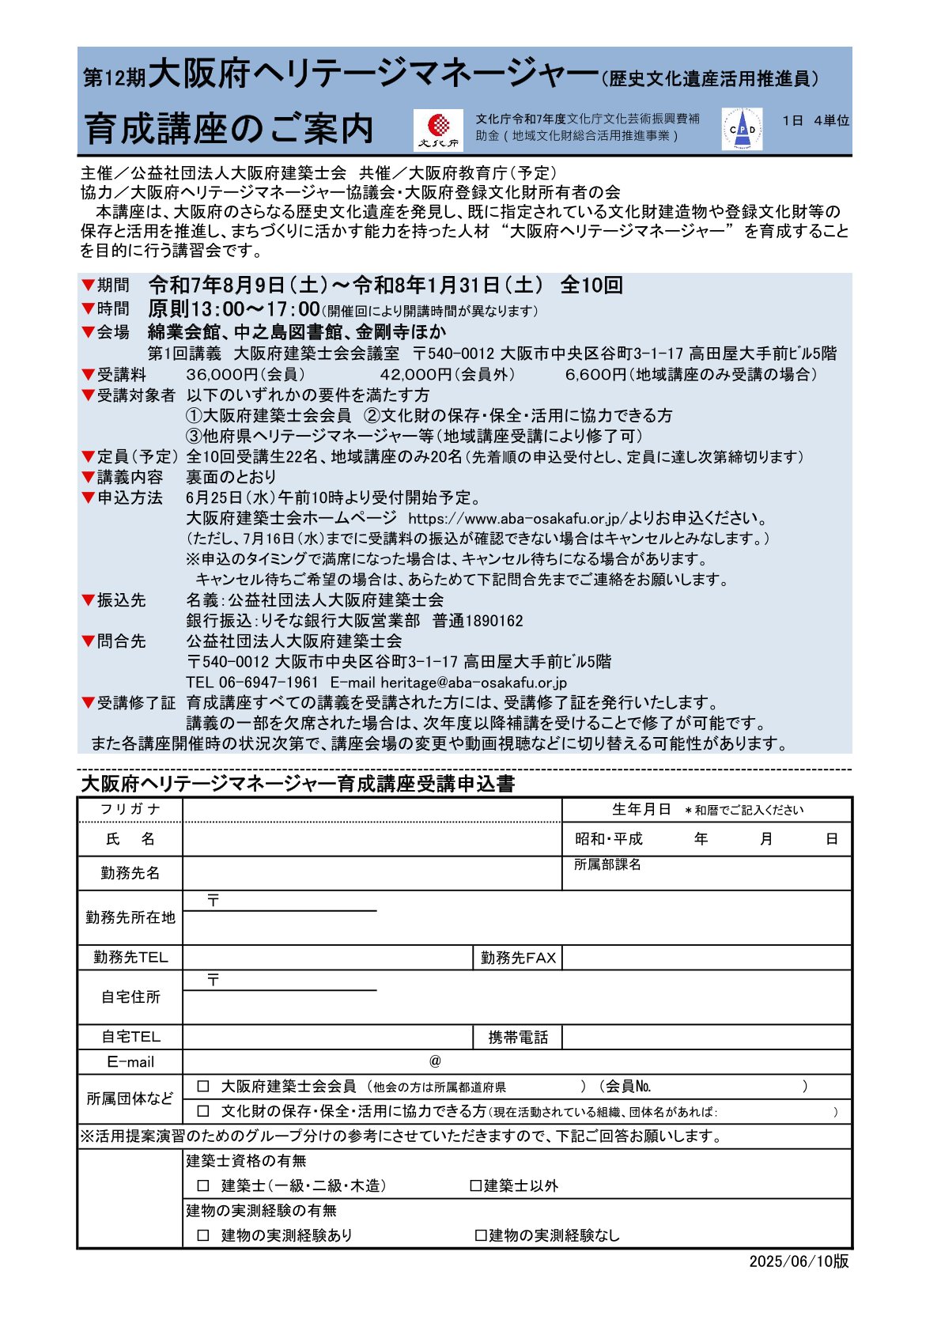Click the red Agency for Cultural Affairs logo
tap(438, 130)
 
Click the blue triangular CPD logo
tap(742, 129)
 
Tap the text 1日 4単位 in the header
tap(815, 121)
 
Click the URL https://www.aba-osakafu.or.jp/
tap(518, 519)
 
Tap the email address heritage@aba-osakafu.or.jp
tap(474, 683)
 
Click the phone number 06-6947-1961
tap(269, 683)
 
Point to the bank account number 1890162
tap(494, 621)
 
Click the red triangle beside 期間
tap(88, 285)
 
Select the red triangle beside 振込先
tap(88, 599)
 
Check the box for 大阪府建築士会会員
tap(203, 1087)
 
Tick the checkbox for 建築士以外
tap(475, 1185)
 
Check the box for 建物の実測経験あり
tap(203, 1235)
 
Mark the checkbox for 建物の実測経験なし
tap(480, 1235)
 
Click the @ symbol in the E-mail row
tap(435, 1061)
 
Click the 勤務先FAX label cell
tap(518, 958)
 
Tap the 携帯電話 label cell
tap(518, 1038)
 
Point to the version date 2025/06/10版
tap(799, 1261)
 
